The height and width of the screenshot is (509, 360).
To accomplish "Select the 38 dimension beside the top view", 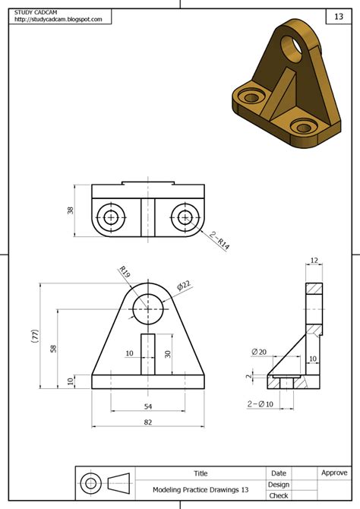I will click(x=69, y=210).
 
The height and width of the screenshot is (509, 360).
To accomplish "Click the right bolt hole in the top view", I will click(x=185, y=217).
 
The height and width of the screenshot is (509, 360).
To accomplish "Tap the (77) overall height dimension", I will click(x=35, y=337).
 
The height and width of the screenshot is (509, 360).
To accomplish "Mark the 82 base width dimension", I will click(x=148, y=423).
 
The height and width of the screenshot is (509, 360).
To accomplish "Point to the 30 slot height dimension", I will click(x=167, y=353).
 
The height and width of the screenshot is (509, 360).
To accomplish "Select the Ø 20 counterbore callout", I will click(x=259, y=352).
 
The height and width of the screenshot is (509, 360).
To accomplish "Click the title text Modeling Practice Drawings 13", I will click(x=201, y=490).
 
